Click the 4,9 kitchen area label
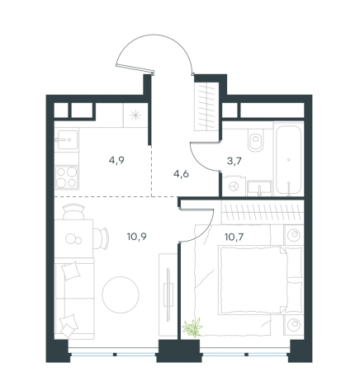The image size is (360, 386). pyautogui.click(x=116, y=160)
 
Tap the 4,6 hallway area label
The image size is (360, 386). pyautogui.click(x=181, y=174)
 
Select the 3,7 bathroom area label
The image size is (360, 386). pyautogui.click(x=234, y=161)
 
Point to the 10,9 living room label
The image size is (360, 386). pyautogui.click(x=137, y=236)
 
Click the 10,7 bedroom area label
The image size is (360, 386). pyautogui.click(x=234, y=237)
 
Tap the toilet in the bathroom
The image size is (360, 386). pyautogui.click(x=256, y=140)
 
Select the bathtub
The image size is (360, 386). pyautogui.click(x=288, y=159)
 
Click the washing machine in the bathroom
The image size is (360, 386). pyautogui.click(x=234, y=186)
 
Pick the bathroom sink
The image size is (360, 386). pyautogui.click(x=259, y=188)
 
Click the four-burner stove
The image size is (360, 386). pyautogui.click(x=67, y=177)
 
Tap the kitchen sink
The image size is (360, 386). pyautogui.click(x=67, y=139)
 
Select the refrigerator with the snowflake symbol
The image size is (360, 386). pyautogui.click(x=135, y=115)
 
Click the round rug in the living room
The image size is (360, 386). pyautogui.click(x=121, y=294)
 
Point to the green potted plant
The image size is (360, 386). pyautogui.click(x=192, y=327)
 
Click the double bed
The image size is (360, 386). pyautogui.click(x=260, y=280)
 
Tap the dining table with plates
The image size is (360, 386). pyautogui.click(x=73, y=238)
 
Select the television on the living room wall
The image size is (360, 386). pyautogui.click(x=168, y=294)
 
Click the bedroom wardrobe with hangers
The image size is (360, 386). pyautogui.click(x=263, y=213)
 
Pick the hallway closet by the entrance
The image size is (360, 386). pyautogui.click(x=206, y=106)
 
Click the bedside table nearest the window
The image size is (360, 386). pyautogui.click(x=294, y=325)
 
